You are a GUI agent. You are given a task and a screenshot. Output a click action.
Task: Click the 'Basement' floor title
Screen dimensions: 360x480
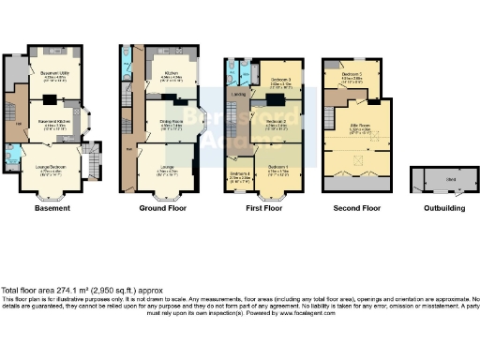(52, 208)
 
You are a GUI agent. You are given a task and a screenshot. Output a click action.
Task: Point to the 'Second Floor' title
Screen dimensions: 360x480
(355, 208)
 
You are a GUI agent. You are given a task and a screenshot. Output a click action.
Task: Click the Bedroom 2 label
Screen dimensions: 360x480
(277, 122)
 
